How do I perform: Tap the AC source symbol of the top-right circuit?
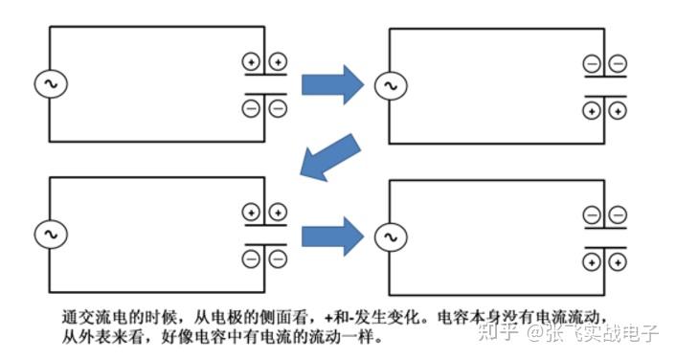click(x=389, y=87)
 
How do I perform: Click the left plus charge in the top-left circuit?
click(x=252, y=62)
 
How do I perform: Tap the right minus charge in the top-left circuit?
click(x=278, y=108)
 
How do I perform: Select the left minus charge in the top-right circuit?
click(x=592, y=64)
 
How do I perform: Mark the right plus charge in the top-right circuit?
click(x=618, y=111)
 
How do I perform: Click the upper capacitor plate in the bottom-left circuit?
click(x=265, y=227)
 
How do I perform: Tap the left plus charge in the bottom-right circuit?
click(x=592, y=261)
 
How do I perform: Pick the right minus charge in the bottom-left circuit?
click(x=278, y=257)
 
